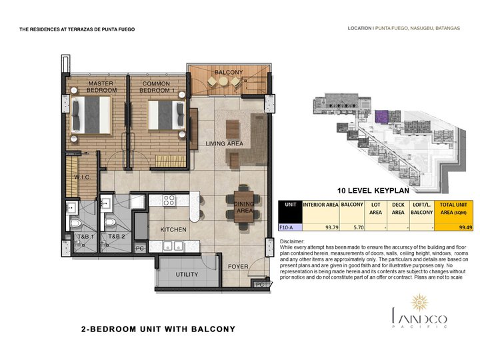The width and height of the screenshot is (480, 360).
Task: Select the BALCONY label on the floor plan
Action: pyautogui.click(x=229, y=71)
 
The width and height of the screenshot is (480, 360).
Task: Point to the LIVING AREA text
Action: pyautogui.click(x=224, y=143)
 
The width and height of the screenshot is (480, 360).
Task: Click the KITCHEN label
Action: pyautogui.click(x=173, y=230)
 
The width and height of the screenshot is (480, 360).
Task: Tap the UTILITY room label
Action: pyautogui.click(x=187, y=274)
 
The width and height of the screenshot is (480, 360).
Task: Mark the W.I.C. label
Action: pyautogui.click(x=83, y=177)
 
